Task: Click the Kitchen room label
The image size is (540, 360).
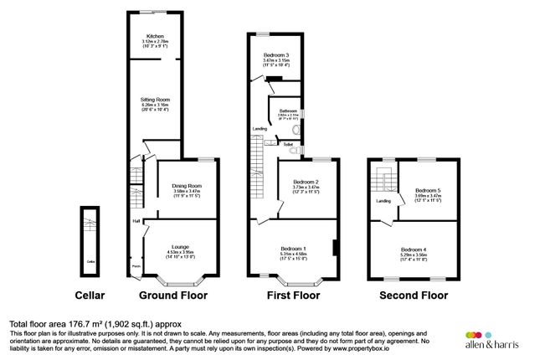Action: click(x=155, y=36)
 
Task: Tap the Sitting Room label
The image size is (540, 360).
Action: click(x=155, y=98)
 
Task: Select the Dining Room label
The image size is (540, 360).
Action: click(x=188, y=186)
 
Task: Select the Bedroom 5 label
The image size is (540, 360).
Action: click(x=427, y=192)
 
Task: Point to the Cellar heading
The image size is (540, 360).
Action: click(x=90, y=296)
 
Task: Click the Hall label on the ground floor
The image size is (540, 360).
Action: click(x=135, y=221)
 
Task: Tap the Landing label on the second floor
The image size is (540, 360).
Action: click(x=383, y=201)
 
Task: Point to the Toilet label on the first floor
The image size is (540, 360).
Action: click(x=288, y=144)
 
